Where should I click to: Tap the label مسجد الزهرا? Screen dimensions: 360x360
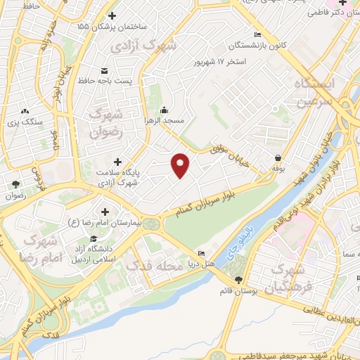[x=164, y=121]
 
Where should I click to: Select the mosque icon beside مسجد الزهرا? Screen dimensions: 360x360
[x=164, y=110]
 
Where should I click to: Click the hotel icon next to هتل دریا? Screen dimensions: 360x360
[x=202, y=253]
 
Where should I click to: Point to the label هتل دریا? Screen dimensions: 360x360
[x=199, y=264]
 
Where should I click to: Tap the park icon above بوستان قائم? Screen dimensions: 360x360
[x=238, y=279]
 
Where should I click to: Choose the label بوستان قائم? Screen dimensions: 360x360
[x=236, y=290]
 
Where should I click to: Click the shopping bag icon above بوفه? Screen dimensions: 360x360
[x=278, y=158]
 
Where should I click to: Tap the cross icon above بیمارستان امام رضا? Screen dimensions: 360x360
[x=105, y=212]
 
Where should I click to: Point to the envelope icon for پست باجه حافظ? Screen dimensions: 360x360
[x=105, y=71]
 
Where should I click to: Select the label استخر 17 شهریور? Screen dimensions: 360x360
[x=220, y=61]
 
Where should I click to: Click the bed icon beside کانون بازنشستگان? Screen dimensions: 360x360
[x=257, y=35]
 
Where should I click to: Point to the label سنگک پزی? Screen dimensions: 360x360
[x=25, y=122]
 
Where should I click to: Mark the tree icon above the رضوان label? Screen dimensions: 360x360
[x=15, y=184]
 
